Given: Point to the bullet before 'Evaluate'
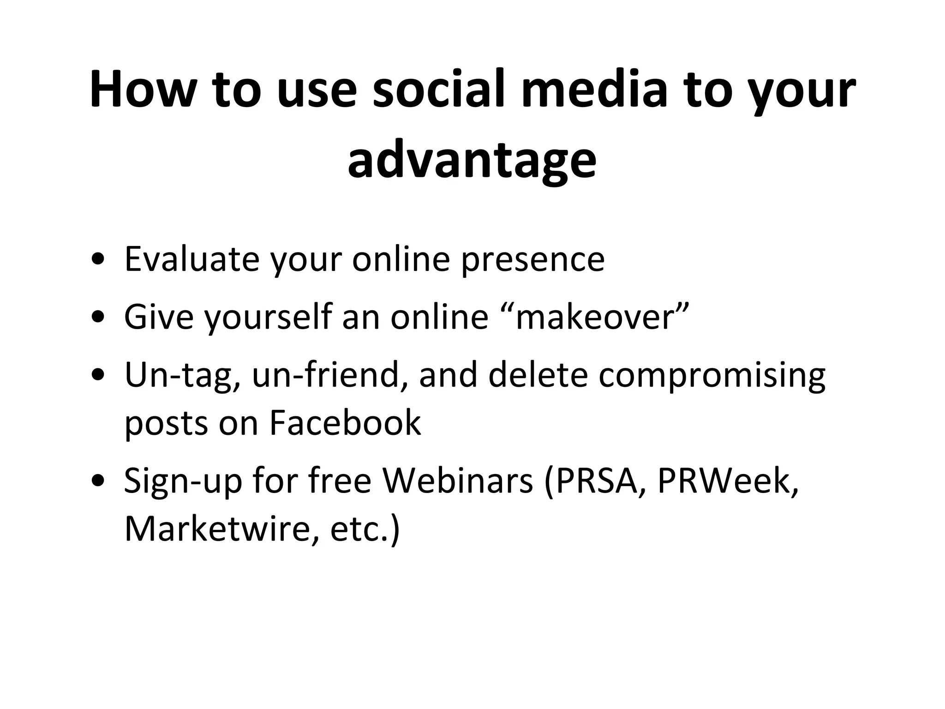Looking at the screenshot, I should [98, 259].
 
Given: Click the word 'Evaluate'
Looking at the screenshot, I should [191, 259].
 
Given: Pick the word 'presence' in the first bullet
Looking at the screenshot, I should [532, 259].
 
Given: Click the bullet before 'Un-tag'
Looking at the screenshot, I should [98, 375].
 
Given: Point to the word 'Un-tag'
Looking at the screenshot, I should [183, 375].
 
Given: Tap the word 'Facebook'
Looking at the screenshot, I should [345, 423].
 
